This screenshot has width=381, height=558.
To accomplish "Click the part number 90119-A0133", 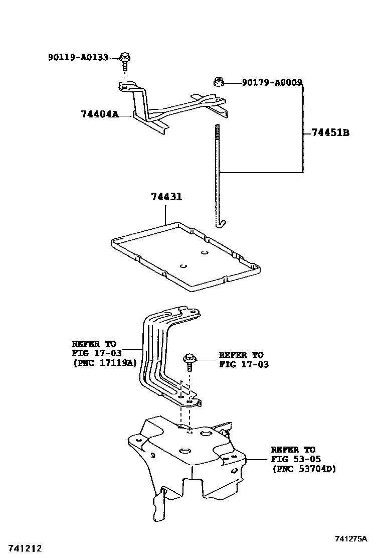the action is (x=78, y=57).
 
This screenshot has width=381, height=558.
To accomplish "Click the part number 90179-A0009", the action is (x=272, y=83).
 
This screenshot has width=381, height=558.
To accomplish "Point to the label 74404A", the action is (x=100, y=114).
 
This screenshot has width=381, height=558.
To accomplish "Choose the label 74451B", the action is (x=330, y=133).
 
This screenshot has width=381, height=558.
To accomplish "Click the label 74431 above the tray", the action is (x=166, y=196).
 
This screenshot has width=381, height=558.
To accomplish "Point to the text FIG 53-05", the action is (x=296, y=459).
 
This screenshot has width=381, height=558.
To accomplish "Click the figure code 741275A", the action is (x=351, y=539).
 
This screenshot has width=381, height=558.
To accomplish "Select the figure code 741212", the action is (x=25, y=548).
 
